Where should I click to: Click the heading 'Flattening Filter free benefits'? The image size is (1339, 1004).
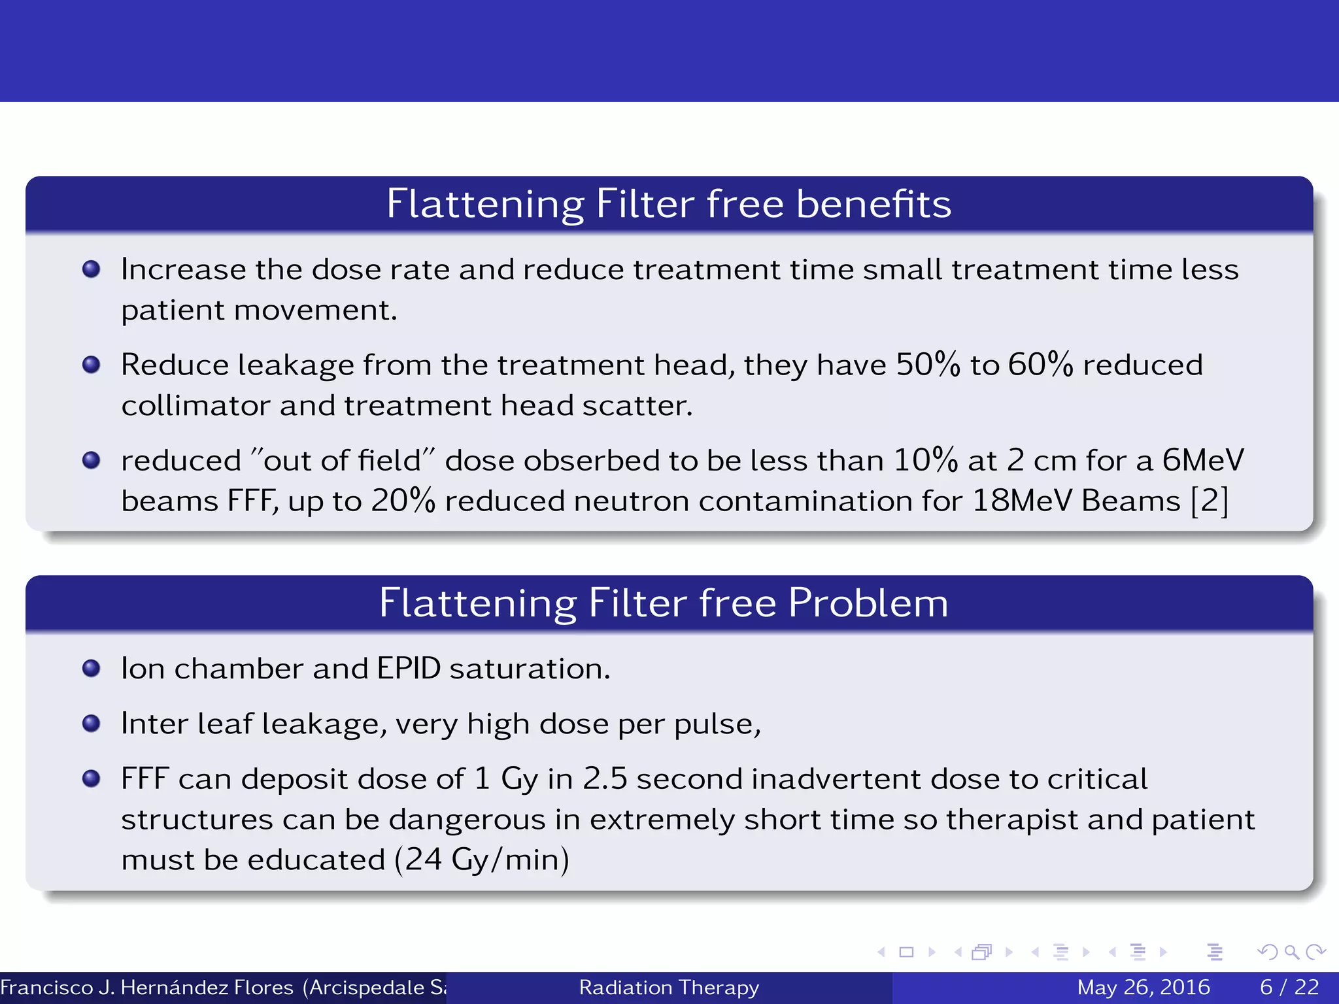668,204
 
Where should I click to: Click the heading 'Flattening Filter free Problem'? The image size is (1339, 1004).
663,603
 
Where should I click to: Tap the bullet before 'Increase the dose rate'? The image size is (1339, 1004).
92,269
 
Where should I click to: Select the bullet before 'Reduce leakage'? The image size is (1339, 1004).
92,364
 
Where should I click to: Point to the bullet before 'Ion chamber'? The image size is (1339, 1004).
92,668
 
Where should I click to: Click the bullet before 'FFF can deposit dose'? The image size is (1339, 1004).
92,778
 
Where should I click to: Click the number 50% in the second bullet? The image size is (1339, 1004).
927,365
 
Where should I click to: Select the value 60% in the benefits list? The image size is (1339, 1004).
1040,365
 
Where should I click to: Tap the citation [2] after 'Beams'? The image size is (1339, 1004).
1210,501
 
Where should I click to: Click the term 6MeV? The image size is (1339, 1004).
1202,460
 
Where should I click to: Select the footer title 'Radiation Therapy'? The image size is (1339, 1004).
669,987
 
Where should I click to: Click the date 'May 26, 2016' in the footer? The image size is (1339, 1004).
1143,987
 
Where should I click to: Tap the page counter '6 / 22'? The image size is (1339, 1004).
1289,987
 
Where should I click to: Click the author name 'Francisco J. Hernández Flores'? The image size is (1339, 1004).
147,987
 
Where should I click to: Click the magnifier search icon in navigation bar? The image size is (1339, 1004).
1291,952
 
